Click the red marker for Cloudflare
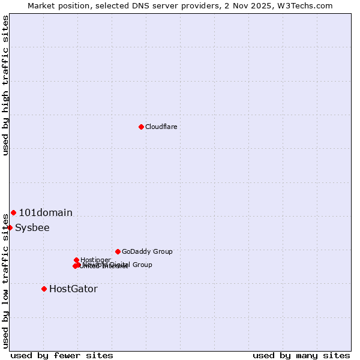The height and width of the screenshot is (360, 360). coord(141,127)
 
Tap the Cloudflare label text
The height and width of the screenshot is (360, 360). coord(161,127)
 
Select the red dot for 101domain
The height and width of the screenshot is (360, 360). coord(13,212)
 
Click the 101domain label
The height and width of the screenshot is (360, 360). coord(46,212)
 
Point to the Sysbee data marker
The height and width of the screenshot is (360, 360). coord(10,227)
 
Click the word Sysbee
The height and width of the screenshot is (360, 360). coord(32,227)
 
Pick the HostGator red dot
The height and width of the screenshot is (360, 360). coord(44,289)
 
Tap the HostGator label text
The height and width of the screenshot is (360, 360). coord(73,289)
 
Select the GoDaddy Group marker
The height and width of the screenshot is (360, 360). coord(118,251)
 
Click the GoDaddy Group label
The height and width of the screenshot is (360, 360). coord(147,251)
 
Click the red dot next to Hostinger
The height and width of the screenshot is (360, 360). coord(76,260)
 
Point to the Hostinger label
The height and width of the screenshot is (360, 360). coord(95,260)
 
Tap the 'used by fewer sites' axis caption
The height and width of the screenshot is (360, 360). coord(62,355)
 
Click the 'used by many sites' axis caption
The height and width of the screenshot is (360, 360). coord(301,355)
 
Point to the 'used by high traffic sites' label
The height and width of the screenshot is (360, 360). coord(5,85)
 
